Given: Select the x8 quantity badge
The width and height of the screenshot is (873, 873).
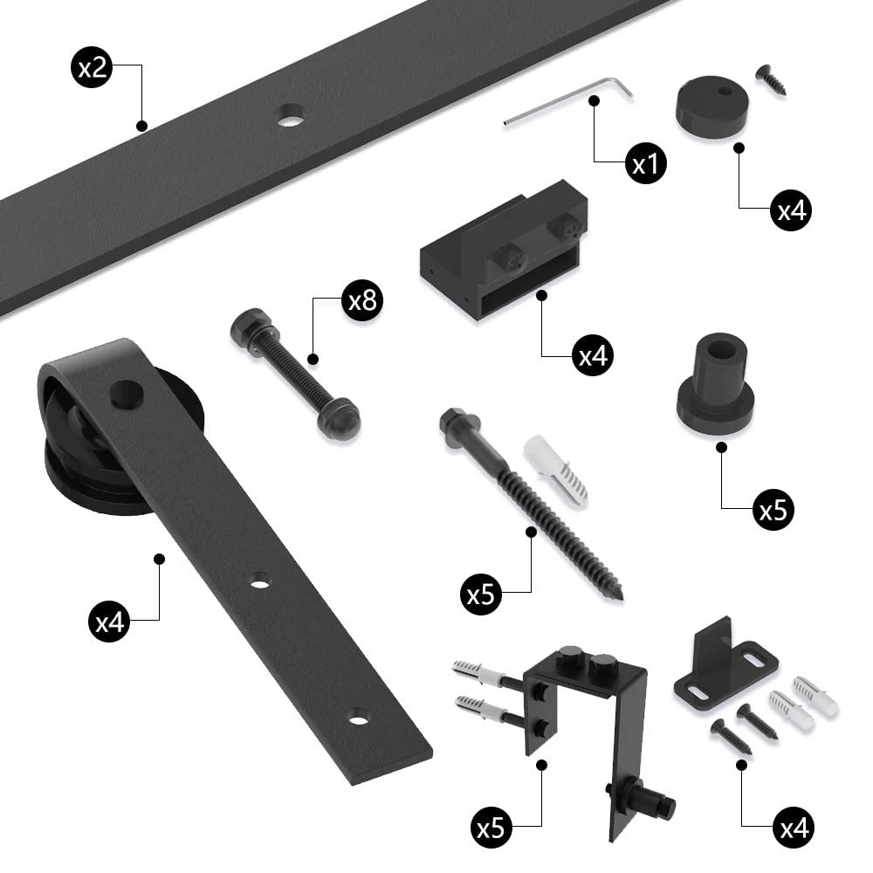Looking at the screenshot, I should (x=361, y=302).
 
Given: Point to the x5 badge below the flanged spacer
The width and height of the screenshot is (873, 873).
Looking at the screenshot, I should (x=773, y=511).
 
